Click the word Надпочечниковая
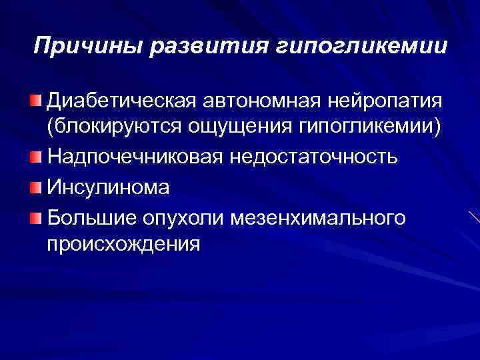tap(136, 157)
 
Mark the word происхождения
tap(123, 245)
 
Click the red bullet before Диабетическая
tap(35, 100)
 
